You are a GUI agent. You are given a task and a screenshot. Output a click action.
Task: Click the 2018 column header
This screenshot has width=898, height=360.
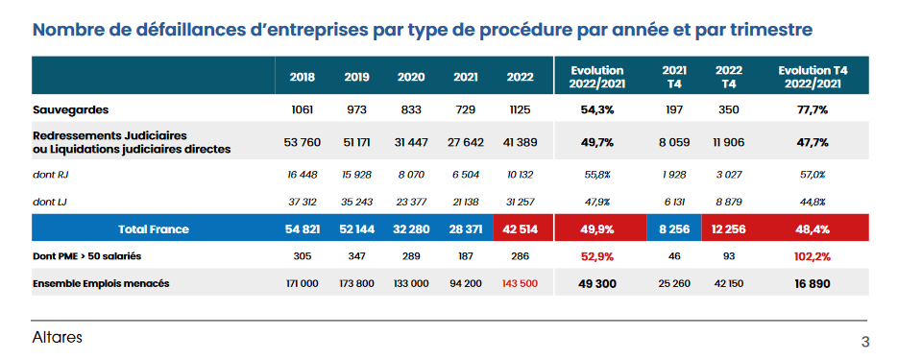coord(303,77)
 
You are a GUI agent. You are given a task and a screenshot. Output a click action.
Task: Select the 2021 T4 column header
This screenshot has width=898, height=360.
coord(675,77)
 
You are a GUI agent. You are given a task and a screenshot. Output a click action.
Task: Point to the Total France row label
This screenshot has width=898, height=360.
coord(154,229)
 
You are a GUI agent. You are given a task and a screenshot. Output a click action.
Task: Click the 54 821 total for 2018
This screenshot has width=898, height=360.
coord(303,229)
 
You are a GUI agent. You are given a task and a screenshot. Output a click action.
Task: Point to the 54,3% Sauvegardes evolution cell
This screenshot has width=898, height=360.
coord(596,109)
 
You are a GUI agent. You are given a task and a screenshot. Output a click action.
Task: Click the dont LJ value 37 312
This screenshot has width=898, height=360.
coord(303,202)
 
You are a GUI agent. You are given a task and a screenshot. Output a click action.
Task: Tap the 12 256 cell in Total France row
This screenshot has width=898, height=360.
coord(729,229)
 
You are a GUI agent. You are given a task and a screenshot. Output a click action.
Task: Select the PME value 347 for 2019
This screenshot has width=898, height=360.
coord(357,256)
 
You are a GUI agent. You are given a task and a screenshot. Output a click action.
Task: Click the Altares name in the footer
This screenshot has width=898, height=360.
coord(57,338)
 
